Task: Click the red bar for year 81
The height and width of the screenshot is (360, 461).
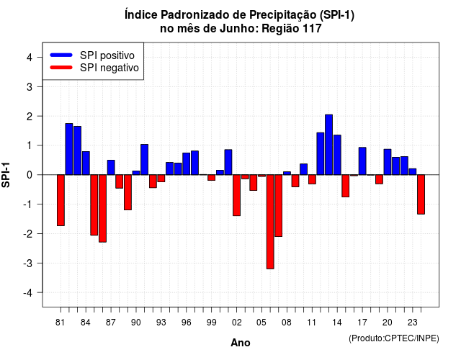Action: pos(61,200)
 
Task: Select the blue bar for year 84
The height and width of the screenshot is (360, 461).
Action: pos(86,163)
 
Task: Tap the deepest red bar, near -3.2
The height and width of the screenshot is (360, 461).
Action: pos(270,222)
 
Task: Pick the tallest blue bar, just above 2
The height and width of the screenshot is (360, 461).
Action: pos(328,145)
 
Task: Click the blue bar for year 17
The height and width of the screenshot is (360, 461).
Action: pos(362,161)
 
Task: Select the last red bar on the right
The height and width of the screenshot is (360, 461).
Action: pos(421,194)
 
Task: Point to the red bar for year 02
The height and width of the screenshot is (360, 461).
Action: pos(237,195)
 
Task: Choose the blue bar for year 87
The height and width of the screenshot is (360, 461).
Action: pos(111,168)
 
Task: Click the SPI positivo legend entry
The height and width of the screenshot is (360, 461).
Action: pos(92,55)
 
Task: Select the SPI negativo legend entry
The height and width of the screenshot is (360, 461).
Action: pos(94,68)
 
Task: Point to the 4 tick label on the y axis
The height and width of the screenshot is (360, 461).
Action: pos(30,58)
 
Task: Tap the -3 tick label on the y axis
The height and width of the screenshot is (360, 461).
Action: pos(28,263)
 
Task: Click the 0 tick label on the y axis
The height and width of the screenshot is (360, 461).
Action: pos(30,175)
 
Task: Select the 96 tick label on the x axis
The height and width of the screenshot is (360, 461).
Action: pos(186,323)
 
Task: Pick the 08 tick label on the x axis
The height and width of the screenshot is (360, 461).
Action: pos(287,323)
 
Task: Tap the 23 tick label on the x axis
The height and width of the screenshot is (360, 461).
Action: pos(412,323)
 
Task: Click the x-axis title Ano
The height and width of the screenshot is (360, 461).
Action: pos(241,343)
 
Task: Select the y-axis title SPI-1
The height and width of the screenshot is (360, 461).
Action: pos(6,175)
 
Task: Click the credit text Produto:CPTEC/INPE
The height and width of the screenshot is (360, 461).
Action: pos(394,338)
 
